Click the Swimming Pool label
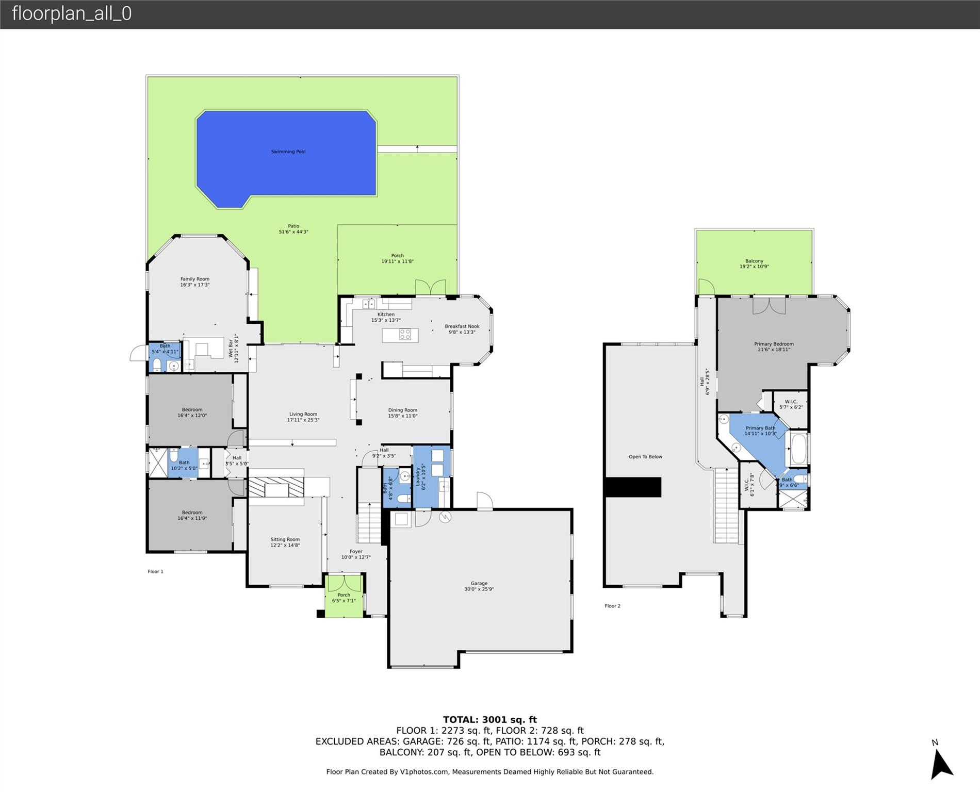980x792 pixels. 288,152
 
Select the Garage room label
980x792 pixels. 479,583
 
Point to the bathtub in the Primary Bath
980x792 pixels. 798,449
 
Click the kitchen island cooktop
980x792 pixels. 405,335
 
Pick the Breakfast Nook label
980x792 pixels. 462,326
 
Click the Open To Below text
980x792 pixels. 645,457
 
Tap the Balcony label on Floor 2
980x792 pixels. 754,261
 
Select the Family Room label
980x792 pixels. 195,279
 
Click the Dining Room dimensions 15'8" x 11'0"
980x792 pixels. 403,416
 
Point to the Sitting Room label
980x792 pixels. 285,539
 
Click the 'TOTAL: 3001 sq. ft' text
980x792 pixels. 490,720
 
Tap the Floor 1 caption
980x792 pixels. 155,571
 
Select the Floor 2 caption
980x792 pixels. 613,606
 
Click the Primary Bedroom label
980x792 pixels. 774,344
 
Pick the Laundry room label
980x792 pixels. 418,477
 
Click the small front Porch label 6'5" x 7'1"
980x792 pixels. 344,598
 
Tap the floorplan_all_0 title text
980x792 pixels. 72,13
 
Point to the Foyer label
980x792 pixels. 356,551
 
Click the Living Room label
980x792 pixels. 303,414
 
